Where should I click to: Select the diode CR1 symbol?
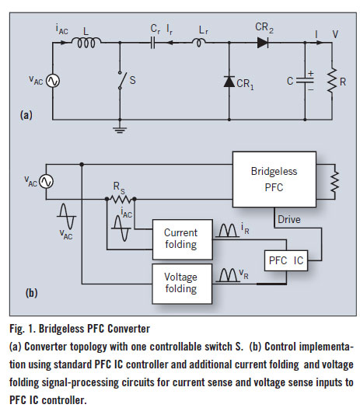pyautogui.click(x=229, y=82)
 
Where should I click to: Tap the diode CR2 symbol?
pyautogui.click(x=262, y=43)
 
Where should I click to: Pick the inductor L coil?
pyautogui.click(x=86, y=43)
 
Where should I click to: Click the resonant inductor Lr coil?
pyautogui.click(x=198, y=42)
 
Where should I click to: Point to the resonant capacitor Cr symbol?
pyautogui.click(x=153, y=43)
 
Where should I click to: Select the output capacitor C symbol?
pyautogui.click(x=305, y=80)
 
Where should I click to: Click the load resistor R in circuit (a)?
pyautogui.click(x=332, y=81)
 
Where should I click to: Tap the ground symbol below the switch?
pyautogui.click(x=120, y=130)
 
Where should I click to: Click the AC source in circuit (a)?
pyautogui.click(x=53, y=81)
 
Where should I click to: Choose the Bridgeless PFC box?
pyautogui.click(x=274, y=180)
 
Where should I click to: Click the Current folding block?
pyautogui.click(x=182, y=239)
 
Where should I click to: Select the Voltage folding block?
pyautogui.click(x=182, y=284)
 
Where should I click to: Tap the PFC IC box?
pyautogui.click(x=286, y=260)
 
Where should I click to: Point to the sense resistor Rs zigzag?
pyautogui.click(x=121, y=199)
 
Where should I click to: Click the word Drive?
pyautogui.click(x=289, y=220)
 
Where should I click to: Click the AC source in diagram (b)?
pyautogui.click(x=46, y=181)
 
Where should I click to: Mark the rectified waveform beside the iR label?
pyautogui.click(x=228, y=231)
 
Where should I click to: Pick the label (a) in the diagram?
pyautogui.click(x=26, y=115)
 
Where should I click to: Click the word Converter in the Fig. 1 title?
pyautogui.click(x=129, y=329)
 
